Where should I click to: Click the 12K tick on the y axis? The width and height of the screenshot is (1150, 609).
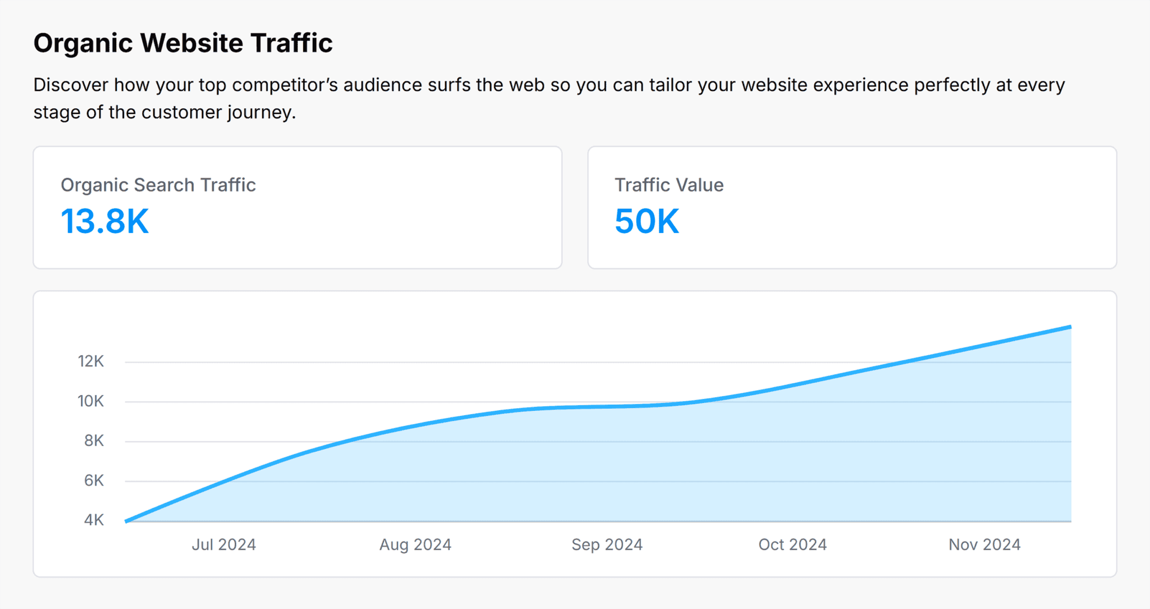90,361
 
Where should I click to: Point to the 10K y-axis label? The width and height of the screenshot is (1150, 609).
90,401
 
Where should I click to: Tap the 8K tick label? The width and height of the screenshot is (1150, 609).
94,441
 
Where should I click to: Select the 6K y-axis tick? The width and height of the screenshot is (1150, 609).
94,481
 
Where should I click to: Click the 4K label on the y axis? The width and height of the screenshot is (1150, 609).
94,520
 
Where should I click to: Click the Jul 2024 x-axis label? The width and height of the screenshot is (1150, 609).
223,545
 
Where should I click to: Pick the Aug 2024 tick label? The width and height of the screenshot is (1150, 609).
415,545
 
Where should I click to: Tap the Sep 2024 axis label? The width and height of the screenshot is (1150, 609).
607,545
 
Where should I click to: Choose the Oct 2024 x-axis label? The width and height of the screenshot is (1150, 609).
792,545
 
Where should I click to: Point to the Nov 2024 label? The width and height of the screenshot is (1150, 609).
984,545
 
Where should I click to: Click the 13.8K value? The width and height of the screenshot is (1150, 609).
104,221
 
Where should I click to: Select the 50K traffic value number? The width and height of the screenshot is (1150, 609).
647,221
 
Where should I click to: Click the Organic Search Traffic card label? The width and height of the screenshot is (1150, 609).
158,185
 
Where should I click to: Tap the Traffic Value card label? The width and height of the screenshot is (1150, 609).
669,185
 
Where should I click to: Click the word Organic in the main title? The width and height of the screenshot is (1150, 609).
83,44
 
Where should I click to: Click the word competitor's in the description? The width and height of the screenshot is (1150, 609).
285,85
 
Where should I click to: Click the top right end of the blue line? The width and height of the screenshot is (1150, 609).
1070,327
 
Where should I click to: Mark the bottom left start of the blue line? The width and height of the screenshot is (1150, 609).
126,521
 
